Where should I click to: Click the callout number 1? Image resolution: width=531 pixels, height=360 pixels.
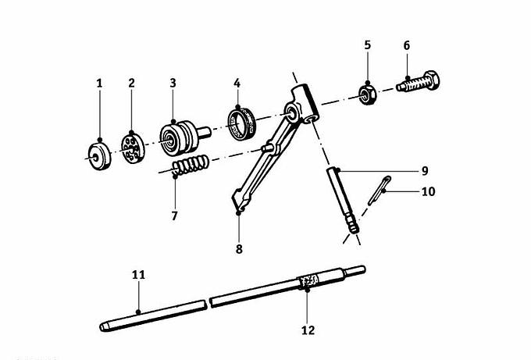tap(99, 83)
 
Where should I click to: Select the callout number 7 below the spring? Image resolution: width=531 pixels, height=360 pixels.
tap(174, 216)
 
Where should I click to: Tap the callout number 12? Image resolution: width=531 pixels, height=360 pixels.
tap(308, 330)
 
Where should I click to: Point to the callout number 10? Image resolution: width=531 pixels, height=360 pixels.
tap(429, 191)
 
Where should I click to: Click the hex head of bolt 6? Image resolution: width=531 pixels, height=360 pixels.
tap(430, 80)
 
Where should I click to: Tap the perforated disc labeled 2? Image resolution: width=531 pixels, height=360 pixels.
tap(133, 148)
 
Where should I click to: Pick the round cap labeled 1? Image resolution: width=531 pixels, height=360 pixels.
tap(100, 156)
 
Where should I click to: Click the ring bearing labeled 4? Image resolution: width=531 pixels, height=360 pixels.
tap(241, 123)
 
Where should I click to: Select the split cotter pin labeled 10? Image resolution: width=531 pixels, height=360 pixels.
tap(380, 191)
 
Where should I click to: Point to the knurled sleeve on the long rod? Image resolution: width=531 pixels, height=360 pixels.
tap(308, 281)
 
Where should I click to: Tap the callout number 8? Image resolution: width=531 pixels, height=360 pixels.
tap(239, 249)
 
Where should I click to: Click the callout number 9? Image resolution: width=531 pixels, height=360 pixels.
tap(425, 171)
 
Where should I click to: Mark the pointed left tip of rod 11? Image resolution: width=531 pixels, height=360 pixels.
tap(100, 327)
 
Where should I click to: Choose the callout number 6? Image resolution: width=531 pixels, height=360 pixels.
tap(406, 45)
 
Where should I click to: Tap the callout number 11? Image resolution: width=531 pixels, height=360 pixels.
tap(138, 275)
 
